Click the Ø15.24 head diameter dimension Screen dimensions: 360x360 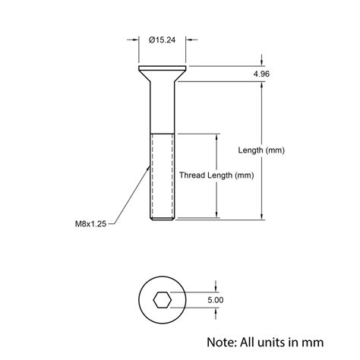(x=164, y=39)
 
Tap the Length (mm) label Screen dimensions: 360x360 (x=261, y=150)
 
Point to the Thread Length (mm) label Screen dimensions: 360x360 (x=216, y=175)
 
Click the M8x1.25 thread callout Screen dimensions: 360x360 (x=90, y=223)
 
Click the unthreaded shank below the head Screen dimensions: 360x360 (x=163, y=106)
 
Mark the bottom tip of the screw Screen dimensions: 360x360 (x=163, y=219)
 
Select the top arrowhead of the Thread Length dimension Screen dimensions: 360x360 (x=217, y=137)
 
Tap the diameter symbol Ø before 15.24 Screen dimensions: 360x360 (x=153, y=39)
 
